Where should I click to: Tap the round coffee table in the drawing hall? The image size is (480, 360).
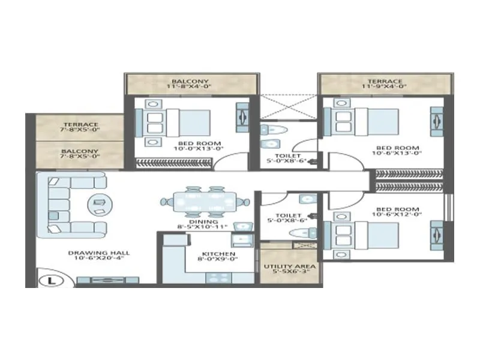pos(98,204)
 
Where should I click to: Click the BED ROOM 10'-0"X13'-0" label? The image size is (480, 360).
pos(191,146)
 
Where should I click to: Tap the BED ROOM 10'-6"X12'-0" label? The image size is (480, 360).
pos(397,213)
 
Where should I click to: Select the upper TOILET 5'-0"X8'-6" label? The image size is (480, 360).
pos(287,158)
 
